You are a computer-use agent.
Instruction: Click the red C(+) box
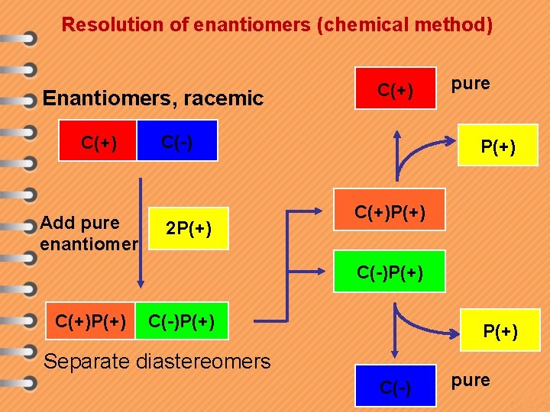coord(99,141)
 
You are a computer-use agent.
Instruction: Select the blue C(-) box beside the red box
coord(177,141)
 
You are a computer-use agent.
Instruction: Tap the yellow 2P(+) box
coord(188,228)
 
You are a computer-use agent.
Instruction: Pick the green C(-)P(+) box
coord(390,272)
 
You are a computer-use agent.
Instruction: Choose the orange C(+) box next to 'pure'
coord(396,89)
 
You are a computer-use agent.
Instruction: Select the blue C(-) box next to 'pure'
coord(396,388)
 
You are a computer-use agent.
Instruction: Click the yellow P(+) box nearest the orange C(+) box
coord(497,145)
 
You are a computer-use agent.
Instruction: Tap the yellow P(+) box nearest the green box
coord(501,330)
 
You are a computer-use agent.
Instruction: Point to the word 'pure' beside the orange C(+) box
coord(471,83)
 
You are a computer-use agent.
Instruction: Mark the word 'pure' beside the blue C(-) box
coord(471,380)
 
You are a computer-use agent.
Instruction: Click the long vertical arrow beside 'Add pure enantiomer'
coord(141,229)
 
